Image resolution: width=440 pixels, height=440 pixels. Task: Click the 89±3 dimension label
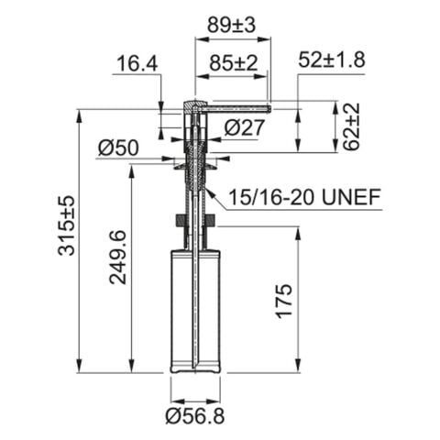233,26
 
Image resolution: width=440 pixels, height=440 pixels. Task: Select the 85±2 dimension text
233,63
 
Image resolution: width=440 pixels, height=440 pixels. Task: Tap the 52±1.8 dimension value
332,60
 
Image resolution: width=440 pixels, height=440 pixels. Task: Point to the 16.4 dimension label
136,63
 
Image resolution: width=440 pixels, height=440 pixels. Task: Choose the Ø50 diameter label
117,147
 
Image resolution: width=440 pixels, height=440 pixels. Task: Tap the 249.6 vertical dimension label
118,256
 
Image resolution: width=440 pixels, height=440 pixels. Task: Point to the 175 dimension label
283,302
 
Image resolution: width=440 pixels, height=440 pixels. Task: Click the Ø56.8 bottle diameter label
195,417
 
